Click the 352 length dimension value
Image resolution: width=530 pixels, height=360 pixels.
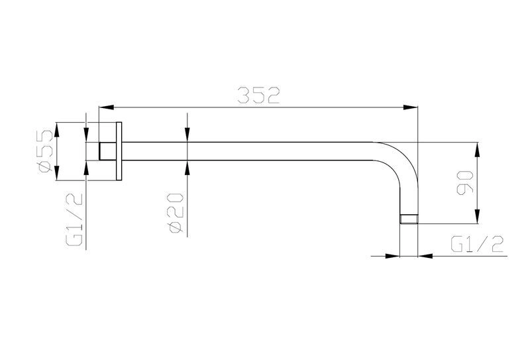point(258,95)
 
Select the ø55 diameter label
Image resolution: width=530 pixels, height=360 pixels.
point(46,152)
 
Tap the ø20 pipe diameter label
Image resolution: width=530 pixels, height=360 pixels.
point(176,213)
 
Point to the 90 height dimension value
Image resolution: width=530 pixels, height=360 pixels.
point(465,183)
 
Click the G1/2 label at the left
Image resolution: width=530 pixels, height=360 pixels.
point(74,220)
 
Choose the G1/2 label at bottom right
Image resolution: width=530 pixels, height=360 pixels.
point(477,244)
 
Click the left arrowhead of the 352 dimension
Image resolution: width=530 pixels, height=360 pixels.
point(105,107)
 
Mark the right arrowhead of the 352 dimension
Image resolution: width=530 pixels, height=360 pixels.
point(411,107)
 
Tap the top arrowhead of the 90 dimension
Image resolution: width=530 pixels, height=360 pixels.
point(477,149)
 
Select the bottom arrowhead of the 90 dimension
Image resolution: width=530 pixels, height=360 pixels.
point(477,217)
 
